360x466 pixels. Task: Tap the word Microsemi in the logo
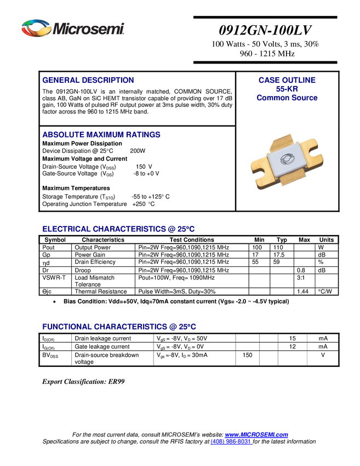[88, 28]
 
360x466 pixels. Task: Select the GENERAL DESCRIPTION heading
[88, 80]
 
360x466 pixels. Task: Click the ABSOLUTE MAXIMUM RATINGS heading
[101, 135]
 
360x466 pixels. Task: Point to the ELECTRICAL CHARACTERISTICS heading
[118, 229]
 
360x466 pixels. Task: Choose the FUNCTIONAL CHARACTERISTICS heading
[119, 327]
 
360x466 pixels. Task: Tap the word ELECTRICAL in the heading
[66, 229]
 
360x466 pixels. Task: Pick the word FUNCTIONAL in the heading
[66, 327]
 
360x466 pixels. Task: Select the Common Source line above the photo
[287, 98]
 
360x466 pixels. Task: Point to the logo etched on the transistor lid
[286, 160]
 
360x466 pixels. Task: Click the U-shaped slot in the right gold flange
[315, 146]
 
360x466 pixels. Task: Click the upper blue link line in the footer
[257, 435]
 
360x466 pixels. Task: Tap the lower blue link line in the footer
[231, 442]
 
